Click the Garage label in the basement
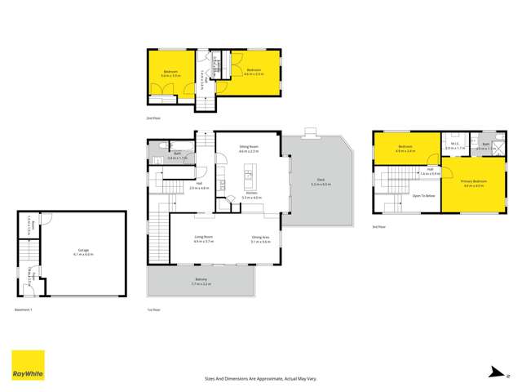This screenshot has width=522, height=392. coord(84,251)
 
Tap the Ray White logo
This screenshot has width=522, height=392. coord(28,366)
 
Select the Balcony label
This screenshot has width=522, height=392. coord(201,280)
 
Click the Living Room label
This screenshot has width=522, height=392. coord(203,238)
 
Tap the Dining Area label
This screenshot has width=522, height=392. coord(261,238)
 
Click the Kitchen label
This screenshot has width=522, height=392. coord(251,194)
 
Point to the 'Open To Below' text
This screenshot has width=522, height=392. coord(422,196)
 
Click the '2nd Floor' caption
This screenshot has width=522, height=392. coord(153,119)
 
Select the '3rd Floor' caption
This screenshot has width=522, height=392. coord(379,226)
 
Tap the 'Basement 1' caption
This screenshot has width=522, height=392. coord(24,310)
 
